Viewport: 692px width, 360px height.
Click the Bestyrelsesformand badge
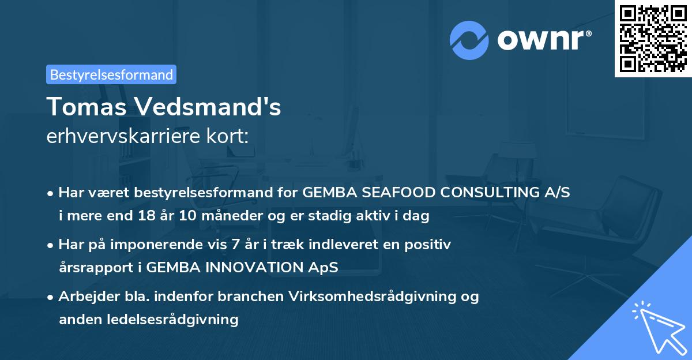(111, 74)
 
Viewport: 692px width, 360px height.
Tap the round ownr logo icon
(469, 40)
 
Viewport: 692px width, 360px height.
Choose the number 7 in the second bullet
(235, 245)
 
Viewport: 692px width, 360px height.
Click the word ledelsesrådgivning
(179, 319)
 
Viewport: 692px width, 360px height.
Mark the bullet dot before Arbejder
(51, 297)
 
